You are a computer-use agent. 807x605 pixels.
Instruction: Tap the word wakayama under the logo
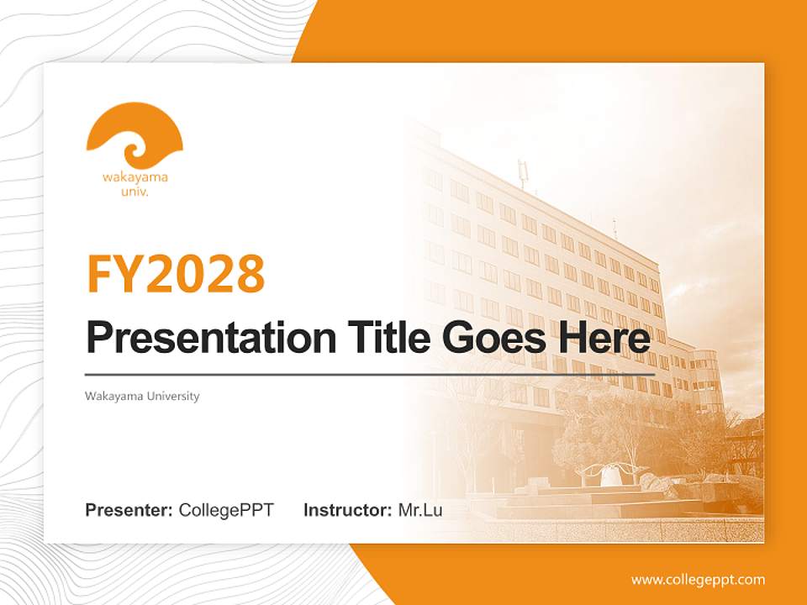coord(134,177)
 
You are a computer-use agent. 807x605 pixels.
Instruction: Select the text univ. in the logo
coord(135,192)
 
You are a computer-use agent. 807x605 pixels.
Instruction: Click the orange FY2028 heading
coord(176,273)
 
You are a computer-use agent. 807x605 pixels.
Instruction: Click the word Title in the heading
coord(375,338)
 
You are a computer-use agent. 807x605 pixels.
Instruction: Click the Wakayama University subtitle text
coord(142,396)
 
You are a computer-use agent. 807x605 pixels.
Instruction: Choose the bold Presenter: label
coord(129,510)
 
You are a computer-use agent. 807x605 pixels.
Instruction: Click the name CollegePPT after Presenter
coord(226,510)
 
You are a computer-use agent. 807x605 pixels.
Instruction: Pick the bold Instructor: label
coord(347,510)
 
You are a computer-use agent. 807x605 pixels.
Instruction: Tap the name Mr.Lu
coord(420,510)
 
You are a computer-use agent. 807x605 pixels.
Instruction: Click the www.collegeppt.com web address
coord(698,580)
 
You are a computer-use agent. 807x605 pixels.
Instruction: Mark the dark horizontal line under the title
coord(370,374)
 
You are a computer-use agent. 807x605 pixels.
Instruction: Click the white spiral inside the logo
coord(134,152)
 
